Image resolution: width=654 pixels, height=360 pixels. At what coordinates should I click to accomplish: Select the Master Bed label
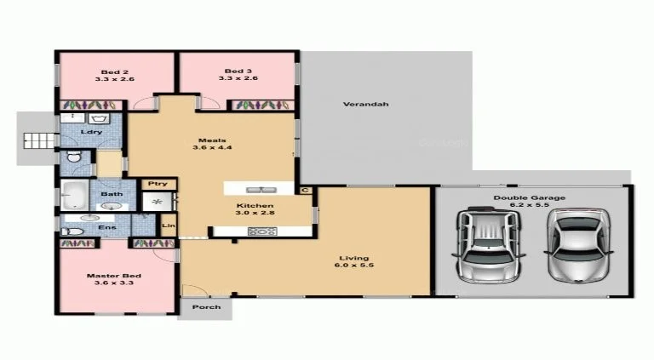click(x=113, y=277)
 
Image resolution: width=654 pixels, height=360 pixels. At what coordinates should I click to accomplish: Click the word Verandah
click(x=365, y=105)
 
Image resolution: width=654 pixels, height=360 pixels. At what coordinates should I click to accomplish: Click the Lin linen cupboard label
click(x=167, y=226)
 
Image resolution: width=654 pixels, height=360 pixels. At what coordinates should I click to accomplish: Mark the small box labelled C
click(x=304, y=190)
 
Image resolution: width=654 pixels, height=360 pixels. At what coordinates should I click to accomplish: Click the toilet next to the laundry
click(x=74, y=157)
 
